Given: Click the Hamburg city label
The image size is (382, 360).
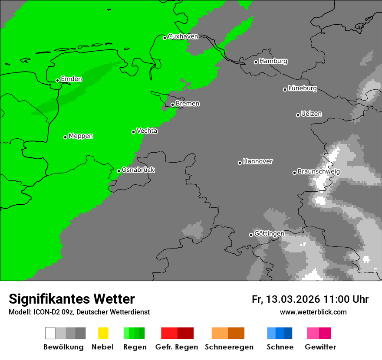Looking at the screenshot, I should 273,61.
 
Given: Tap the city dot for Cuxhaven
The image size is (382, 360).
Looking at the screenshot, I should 165,38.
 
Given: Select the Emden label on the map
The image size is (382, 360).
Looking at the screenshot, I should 71,79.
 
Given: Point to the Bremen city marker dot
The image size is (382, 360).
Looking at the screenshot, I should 172,105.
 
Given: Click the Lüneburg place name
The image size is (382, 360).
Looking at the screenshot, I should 303,88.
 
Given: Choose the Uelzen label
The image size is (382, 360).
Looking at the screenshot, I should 311,114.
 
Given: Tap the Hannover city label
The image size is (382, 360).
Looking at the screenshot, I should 258,161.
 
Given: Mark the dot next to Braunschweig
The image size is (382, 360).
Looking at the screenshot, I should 294,173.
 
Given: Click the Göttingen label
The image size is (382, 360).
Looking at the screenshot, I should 269,234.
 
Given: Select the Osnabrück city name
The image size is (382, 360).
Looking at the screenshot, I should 138,170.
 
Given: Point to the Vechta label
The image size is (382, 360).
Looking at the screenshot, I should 147,131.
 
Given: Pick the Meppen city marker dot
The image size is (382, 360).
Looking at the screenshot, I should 65,137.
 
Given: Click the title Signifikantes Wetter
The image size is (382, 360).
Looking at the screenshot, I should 72,299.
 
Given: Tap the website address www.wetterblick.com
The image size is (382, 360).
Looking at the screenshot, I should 313,312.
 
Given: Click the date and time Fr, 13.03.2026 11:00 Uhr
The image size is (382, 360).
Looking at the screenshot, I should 310,299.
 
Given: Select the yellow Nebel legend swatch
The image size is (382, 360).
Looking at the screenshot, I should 103,333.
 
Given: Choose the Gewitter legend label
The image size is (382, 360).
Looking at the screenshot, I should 320,347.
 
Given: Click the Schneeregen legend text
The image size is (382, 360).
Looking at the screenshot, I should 229,347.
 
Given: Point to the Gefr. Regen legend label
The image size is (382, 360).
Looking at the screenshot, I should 176,347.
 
